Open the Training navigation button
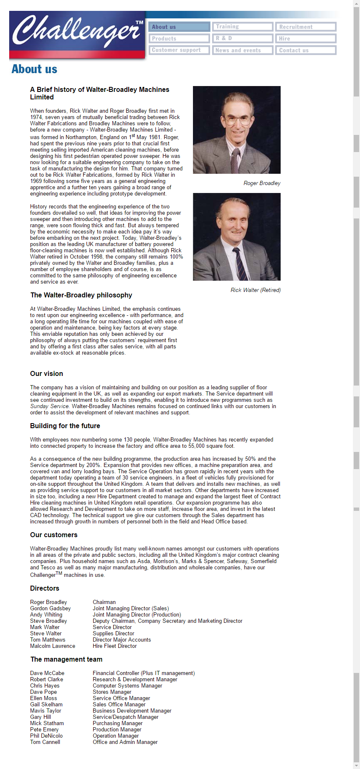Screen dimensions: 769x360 (x=242, y=27)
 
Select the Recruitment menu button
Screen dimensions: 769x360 (x=306, y=27)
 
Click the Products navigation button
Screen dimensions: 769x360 (x=179, y=38)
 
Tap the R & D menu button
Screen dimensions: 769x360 (x=242, y=38)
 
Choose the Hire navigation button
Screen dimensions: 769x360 (x=306, y=38)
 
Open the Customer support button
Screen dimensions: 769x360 (x=179, y=50)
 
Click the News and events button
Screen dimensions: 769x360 (x=242, y=50)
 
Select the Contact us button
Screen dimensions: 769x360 (x=306, y=50)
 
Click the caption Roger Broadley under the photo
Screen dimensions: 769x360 (x=262, y=183)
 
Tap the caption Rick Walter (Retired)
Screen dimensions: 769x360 (x=256, y=290)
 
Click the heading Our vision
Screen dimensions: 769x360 (x=46, y=374)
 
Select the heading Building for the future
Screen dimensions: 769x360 (x=65, y=426)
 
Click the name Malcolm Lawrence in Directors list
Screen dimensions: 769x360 (x=53, y=646)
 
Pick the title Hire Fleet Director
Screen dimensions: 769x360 (x=114, y=646)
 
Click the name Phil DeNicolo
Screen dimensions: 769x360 (x=46, y=736)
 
